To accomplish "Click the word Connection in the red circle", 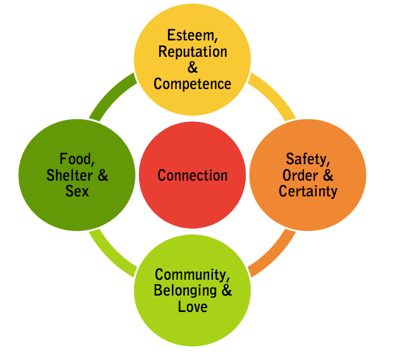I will click(193, 176).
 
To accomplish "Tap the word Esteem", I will click(192, 36).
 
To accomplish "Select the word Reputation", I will click(193, 52).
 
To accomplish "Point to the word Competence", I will click(193, 83).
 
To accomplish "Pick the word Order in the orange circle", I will click(300, 175).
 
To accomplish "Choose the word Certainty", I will click(308, 191).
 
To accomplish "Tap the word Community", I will click(193, 275).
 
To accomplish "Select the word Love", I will click(193, 308).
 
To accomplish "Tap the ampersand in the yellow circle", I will click(193, 68).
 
